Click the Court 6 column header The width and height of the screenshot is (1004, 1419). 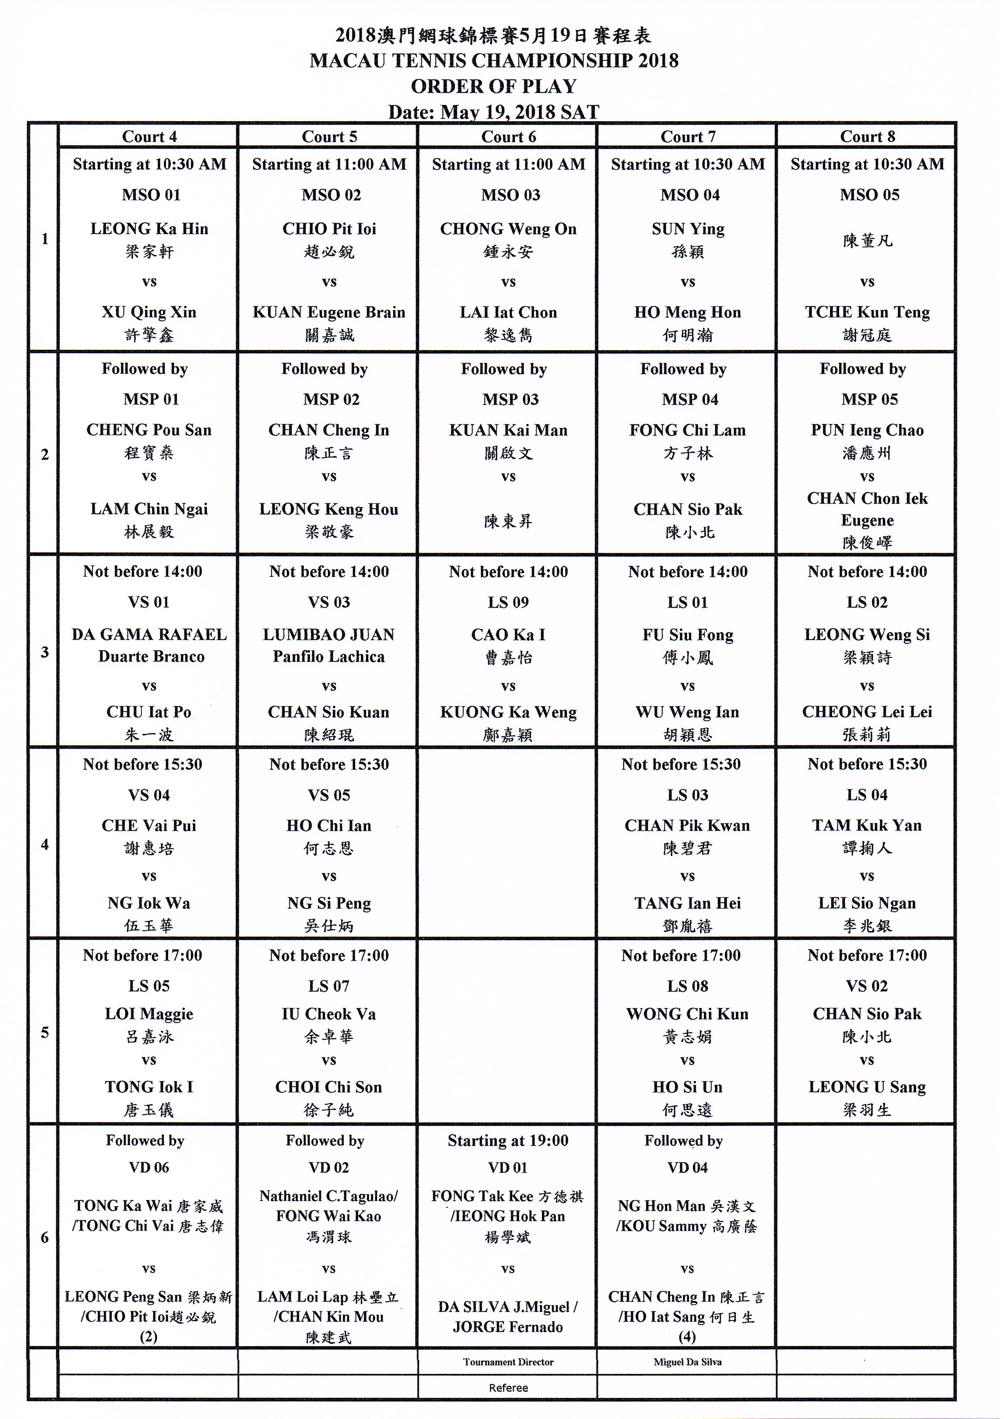[508, 137]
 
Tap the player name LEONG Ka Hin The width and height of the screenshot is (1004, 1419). [150, 229]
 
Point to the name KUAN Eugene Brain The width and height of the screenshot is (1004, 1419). [329, 312]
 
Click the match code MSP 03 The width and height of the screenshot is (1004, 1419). [510, 399]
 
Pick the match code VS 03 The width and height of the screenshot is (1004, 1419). [329, 602]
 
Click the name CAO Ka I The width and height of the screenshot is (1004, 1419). [508, 635]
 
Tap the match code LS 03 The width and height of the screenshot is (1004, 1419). [688, 795]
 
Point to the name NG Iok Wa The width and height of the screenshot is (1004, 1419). [149, 903]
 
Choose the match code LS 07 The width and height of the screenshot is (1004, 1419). [329, 986]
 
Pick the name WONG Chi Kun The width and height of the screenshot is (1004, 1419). [688, 1014]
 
